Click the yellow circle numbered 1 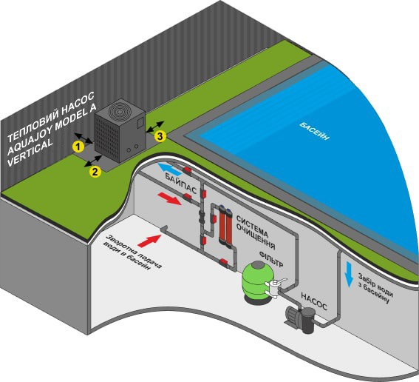click(78, 147)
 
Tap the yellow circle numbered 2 click(95, 172)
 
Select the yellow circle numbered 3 click(160, 136)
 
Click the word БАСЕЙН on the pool click(314, 131)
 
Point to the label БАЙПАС click(181, 183)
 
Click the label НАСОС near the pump click(314, 301)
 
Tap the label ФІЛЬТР click(271, 258)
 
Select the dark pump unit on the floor click(300, 318)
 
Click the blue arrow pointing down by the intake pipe click(348, 275)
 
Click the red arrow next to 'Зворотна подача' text click(150, 240)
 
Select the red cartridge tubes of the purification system click(225, 224)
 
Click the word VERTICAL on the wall click(30, 153)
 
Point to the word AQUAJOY click(30, 139)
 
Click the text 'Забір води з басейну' click(375, 288)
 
